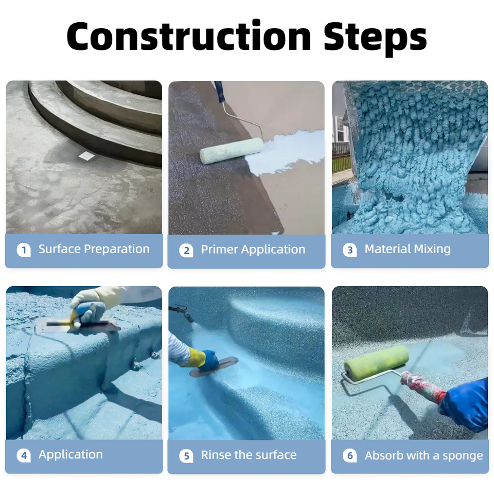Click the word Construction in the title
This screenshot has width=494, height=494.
[x=189, y=36]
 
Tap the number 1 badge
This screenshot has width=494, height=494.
[x=24, y=250]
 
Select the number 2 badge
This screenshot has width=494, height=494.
[x=186, y=251]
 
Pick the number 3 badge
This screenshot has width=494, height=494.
[x=350, y=250]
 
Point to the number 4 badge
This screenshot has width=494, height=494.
[x=24, y=455]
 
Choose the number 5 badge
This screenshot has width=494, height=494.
[x=186, y=456]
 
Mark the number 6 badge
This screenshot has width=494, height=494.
[x=350, y=455]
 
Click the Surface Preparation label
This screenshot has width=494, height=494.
[x=94, y=249]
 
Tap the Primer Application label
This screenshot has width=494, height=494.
[x=253, y=250]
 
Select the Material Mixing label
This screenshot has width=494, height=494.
[x=408, y=249]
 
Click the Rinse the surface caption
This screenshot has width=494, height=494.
[x=249, y=455]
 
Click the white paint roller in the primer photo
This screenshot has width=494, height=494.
[x=232, y=151]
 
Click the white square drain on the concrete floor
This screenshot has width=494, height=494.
[x=86, y=155]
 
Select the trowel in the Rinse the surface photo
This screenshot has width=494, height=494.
[x=214, y=366]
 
